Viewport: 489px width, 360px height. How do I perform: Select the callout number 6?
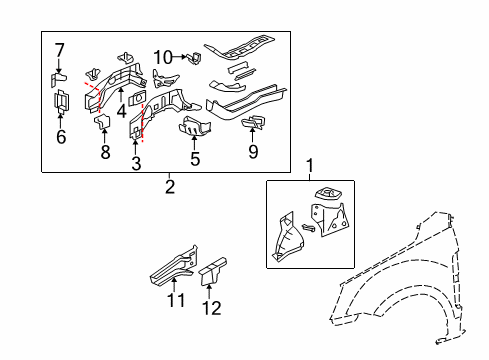pos(60,137)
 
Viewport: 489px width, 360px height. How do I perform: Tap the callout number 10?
pos(163,57)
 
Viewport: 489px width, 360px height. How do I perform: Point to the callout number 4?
pos(121,111)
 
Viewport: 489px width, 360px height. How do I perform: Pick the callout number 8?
pos(104,152)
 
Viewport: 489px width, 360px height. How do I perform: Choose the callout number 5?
pos(194,158)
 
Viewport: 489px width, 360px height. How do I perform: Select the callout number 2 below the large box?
pos(169,186)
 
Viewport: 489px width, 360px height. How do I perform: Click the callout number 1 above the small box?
pos(309,165)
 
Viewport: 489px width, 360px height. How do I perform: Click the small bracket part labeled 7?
pos(59,76)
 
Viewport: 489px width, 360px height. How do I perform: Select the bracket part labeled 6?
pos(60,104)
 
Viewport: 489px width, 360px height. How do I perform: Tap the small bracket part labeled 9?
pos(253,122)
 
